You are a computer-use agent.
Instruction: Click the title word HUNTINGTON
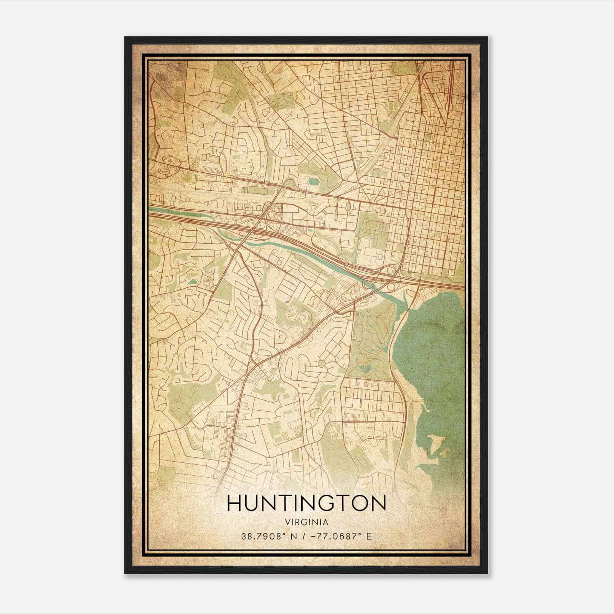click(x=307, y=503)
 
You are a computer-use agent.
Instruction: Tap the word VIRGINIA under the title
click(x=307, y=522)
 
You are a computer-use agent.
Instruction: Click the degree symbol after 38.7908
click(x=285, y=534)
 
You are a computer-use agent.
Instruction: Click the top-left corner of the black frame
click(x=125, y=38)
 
